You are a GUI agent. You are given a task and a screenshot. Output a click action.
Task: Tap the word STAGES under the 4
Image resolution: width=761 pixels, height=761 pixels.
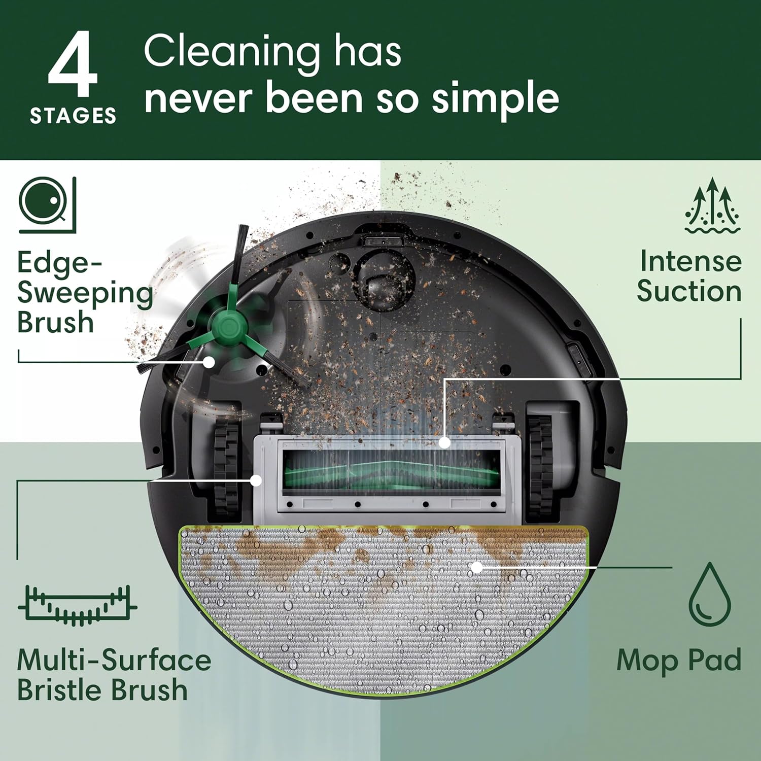(x=73, y=116)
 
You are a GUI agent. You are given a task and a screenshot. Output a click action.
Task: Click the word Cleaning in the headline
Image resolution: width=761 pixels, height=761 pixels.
(x=231, y=52)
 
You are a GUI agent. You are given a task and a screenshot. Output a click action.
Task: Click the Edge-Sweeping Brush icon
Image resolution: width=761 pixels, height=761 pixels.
(x=47, y=205)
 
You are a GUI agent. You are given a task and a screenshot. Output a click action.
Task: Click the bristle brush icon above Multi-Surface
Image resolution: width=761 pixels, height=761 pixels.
(x=77, y=605)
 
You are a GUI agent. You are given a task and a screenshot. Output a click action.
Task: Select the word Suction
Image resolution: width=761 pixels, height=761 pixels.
(x=689, y=292)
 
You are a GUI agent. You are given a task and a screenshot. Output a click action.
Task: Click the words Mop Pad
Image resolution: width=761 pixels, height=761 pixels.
(x=679, y=661)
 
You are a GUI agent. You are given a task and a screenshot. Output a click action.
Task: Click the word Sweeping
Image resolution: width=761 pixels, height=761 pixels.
(x=85, y=293)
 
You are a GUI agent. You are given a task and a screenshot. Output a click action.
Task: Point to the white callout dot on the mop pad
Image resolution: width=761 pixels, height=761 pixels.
(x=476, y=567)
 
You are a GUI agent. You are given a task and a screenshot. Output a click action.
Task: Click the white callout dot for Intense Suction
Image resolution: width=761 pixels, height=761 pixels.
(x=444, y=442)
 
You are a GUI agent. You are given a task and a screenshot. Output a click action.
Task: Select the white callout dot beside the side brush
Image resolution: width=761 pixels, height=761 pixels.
(x=209, y=362)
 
